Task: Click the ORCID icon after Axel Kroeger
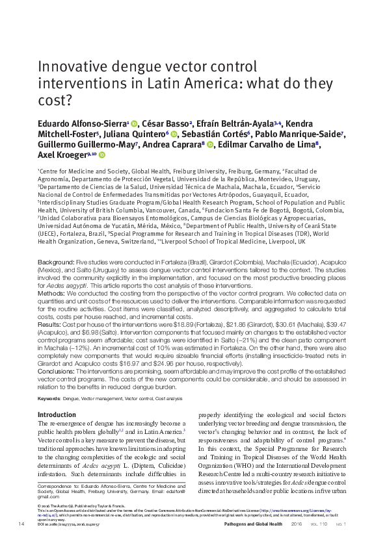coord(101,156)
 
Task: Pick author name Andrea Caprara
coord(180,145)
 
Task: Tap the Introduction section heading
coord(57,414)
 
